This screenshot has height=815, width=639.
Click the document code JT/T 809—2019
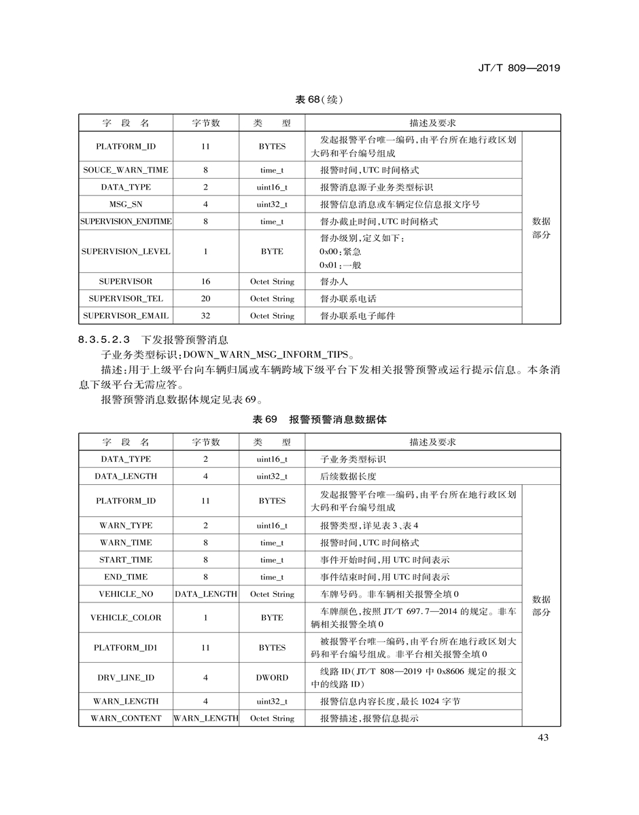click(x=519, y=68)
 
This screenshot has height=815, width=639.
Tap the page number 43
click(x=542, y=738)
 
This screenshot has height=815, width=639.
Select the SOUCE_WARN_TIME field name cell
click(x=126, y=170)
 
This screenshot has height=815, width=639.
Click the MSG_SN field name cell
click(x=126, y=204)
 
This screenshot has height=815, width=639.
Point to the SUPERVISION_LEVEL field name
click(x=126, y=251)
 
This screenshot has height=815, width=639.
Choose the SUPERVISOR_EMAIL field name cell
click(x=126, y=316)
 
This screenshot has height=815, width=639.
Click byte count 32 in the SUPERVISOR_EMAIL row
click(x=206, y=316)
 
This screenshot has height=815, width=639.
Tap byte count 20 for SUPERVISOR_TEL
click(x=206, y=299)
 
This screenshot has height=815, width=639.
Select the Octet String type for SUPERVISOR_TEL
click(x=272, y=299)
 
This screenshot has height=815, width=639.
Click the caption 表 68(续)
click(x=319, y=99)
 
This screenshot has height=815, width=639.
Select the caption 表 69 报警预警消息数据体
click(x=319, y=420)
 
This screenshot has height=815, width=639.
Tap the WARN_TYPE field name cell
click(x=126, y=526)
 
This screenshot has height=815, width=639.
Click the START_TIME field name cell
click(x=126, y=560)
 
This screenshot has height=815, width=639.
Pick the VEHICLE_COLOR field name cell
click(x=126, y=618)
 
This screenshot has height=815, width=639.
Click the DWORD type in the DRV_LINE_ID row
click(x=272, y=678)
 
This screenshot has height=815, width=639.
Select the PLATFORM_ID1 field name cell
click(x=126, y=648)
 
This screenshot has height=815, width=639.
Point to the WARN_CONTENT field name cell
click(x=126, y=719)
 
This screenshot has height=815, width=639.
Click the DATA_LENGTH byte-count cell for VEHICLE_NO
click(x=206, y=594)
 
